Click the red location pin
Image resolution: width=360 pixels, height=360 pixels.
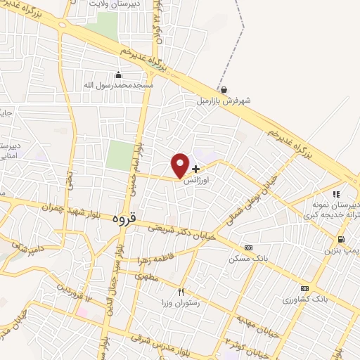tap(180, 165)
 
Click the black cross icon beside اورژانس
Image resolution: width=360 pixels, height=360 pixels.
tap(195, 169)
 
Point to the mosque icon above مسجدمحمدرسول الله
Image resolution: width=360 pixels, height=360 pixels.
tap(118, 75)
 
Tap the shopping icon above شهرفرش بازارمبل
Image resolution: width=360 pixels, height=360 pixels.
tap(224, 90)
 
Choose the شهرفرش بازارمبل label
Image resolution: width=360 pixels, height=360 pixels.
tap(223, 100)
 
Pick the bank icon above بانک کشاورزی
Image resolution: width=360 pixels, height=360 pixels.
tap(304, 288)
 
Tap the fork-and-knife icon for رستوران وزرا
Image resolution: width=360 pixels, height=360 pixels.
tap(181, 292)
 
